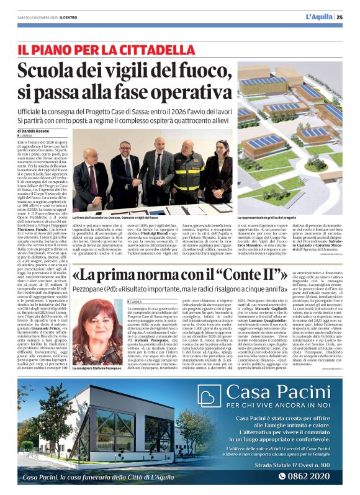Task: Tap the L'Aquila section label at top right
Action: (x=319, y=17)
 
